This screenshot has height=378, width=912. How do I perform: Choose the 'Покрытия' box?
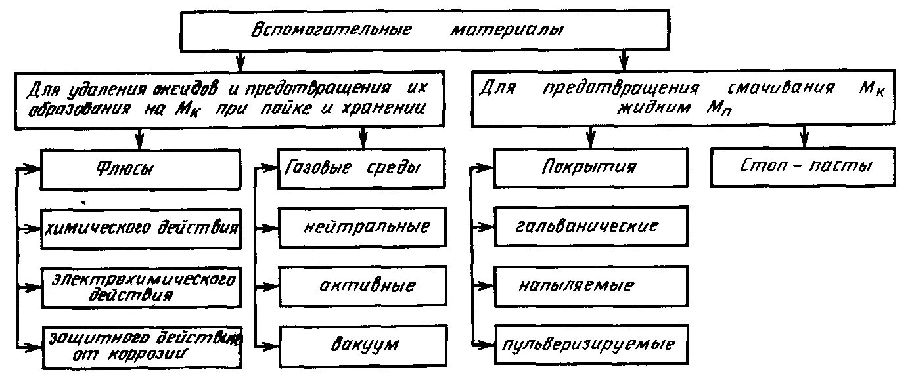(x=591, y=167)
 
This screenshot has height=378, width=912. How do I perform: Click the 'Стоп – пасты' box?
(x=802, y=167)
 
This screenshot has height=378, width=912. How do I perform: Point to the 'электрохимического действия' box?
(x=141, y=287)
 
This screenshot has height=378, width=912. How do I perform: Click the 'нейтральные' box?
(x=358, y=228)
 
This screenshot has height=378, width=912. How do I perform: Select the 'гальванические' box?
(x=591, y=226)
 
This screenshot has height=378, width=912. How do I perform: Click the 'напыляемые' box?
(x=591, y=285)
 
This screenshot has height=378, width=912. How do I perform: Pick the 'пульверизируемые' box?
(x=591, y=344)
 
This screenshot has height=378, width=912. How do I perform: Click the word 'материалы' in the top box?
(x=506, y=31)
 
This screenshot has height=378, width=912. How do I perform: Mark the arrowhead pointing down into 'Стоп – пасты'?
(x=802, y=142)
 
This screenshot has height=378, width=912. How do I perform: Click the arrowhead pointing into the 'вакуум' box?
(x=273, y=345)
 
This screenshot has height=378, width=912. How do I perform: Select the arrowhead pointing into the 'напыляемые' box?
(x=488, y=285)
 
